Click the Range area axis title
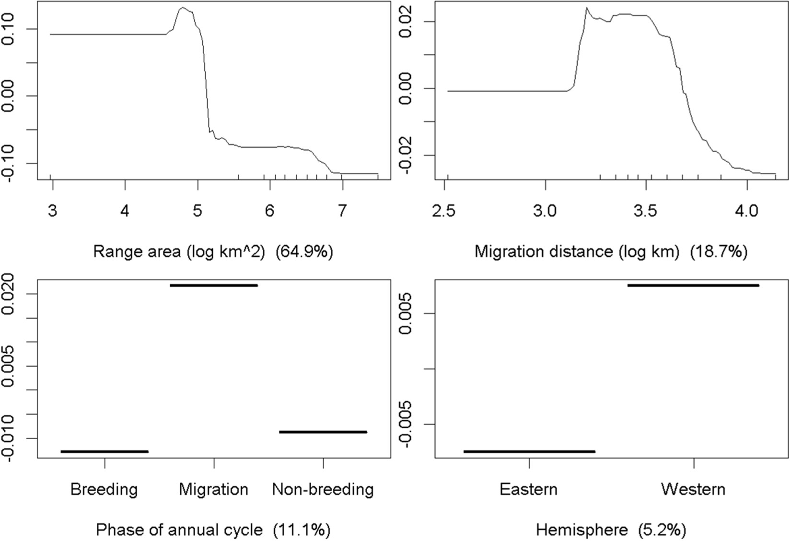213,252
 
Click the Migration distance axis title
611,252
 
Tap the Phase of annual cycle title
213,530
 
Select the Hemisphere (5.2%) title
611,530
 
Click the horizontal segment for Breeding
105,451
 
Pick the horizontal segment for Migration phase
214,285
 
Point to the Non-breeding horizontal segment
323,432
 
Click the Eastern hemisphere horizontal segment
529,451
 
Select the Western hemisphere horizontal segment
693,285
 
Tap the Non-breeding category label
323,489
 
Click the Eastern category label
528,489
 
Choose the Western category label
693,489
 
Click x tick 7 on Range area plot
342,210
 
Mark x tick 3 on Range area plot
53,210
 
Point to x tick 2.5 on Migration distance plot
446,210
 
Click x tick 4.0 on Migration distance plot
746,210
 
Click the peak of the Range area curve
182,8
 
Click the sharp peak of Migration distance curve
586,8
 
